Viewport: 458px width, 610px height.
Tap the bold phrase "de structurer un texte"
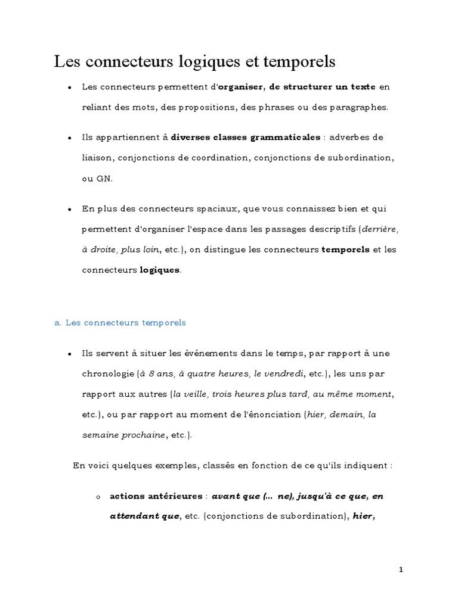[x=322, y=87]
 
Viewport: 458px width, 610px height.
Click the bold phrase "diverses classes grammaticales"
[x=246, y=138]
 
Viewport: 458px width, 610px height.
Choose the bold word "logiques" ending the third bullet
[x=159, y=270]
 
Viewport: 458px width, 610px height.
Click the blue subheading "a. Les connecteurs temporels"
[x=120, y=323]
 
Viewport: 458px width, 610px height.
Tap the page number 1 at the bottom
[x=401, y=569]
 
